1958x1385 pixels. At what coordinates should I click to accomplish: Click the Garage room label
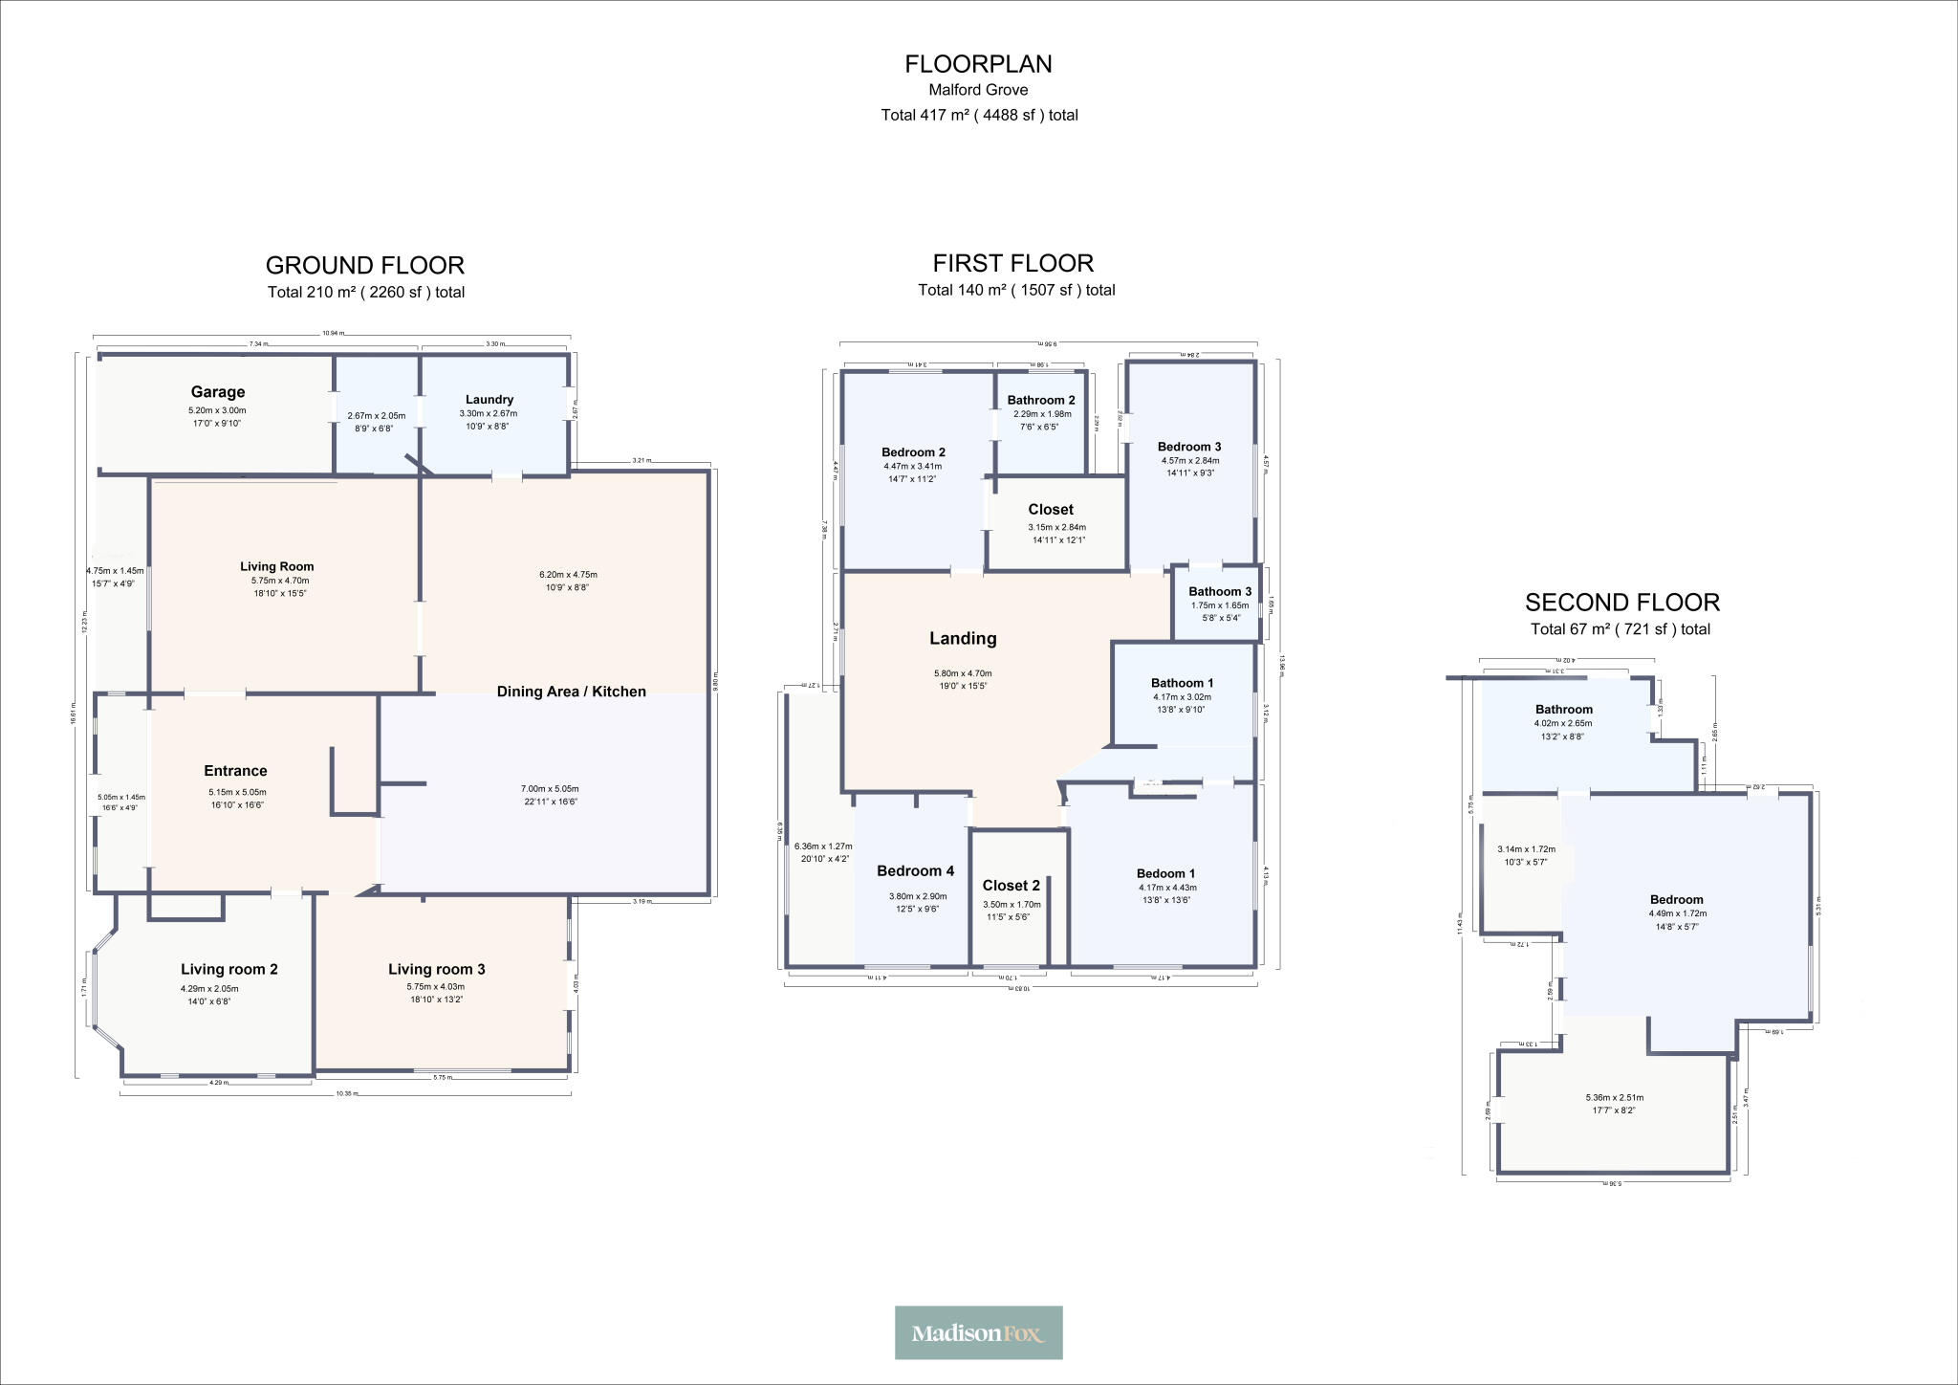(218, 392)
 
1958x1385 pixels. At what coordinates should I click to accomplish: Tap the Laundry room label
(489, 400)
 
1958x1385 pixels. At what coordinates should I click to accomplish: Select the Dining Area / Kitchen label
(571, 692)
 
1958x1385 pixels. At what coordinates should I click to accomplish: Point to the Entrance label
(235, 771)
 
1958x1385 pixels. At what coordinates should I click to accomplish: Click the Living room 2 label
(229, 970)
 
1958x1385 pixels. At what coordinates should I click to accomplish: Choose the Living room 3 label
(436, 970)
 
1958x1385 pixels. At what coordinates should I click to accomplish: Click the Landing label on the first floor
(963, 639)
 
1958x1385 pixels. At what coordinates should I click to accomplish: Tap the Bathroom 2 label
(1041, 400)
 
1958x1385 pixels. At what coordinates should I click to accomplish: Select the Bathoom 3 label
(1220, 592)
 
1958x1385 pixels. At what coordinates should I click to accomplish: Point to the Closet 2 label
(1011, 886)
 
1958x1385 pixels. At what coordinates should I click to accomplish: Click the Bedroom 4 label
(915, 871)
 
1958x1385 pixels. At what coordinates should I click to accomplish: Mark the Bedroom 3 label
(1189, 447)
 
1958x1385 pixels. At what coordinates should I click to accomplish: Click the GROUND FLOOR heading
(365, 265)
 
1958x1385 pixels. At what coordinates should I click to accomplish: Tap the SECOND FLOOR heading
(1621, 603)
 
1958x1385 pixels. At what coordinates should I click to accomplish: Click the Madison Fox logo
(978, 1332)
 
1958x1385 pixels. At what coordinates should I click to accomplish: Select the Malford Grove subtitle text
(978, 90)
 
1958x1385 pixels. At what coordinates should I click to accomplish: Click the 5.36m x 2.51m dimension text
(1614, 1098)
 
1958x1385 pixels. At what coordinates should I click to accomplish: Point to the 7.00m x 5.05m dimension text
(550, 789)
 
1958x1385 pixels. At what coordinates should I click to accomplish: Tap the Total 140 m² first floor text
(1016, 290)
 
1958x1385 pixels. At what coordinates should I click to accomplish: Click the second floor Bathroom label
(1564, 710)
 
